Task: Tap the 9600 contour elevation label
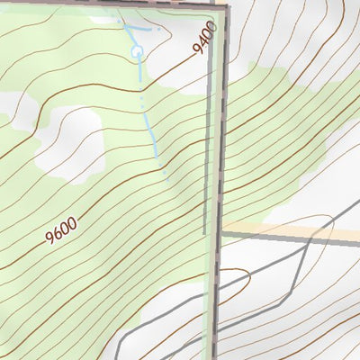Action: [x=60, y=233]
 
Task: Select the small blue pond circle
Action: [x=138, y=52]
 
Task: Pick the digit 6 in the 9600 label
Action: [x=57, y=236]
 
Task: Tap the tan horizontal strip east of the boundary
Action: [x=288, y=229]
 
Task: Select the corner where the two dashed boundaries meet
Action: [x=225, y=6]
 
